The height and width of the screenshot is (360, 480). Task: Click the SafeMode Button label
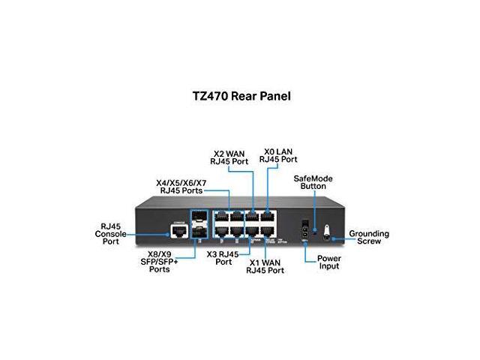[x=313, y=182]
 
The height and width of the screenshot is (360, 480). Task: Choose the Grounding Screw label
[x=370, y=238]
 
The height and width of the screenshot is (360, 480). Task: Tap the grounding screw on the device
[x=326, y=234]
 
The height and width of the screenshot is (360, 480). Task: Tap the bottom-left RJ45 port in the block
[x=223, y=232]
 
